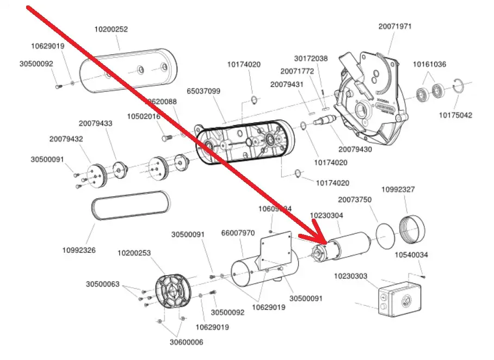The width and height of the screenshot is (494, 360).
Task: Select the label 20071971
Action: click(x=395, y=26)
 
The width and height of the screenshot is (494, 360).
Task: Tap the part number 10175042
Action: click(x=456, y=115)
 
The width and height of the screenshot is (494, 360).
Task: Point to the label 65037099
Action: click(x=203, y=91)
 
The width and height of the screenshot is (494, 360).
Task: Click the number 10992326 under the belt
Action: click(x=79, y=250)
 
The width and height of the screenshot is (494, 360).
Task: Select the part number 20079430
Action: click(x=355, y=149)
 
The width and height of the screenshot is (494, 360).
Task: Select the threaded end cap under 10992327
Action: click(x=412, y=229)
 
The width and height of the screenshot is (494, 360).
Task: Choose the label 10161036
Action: click(x=429, y=64)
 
